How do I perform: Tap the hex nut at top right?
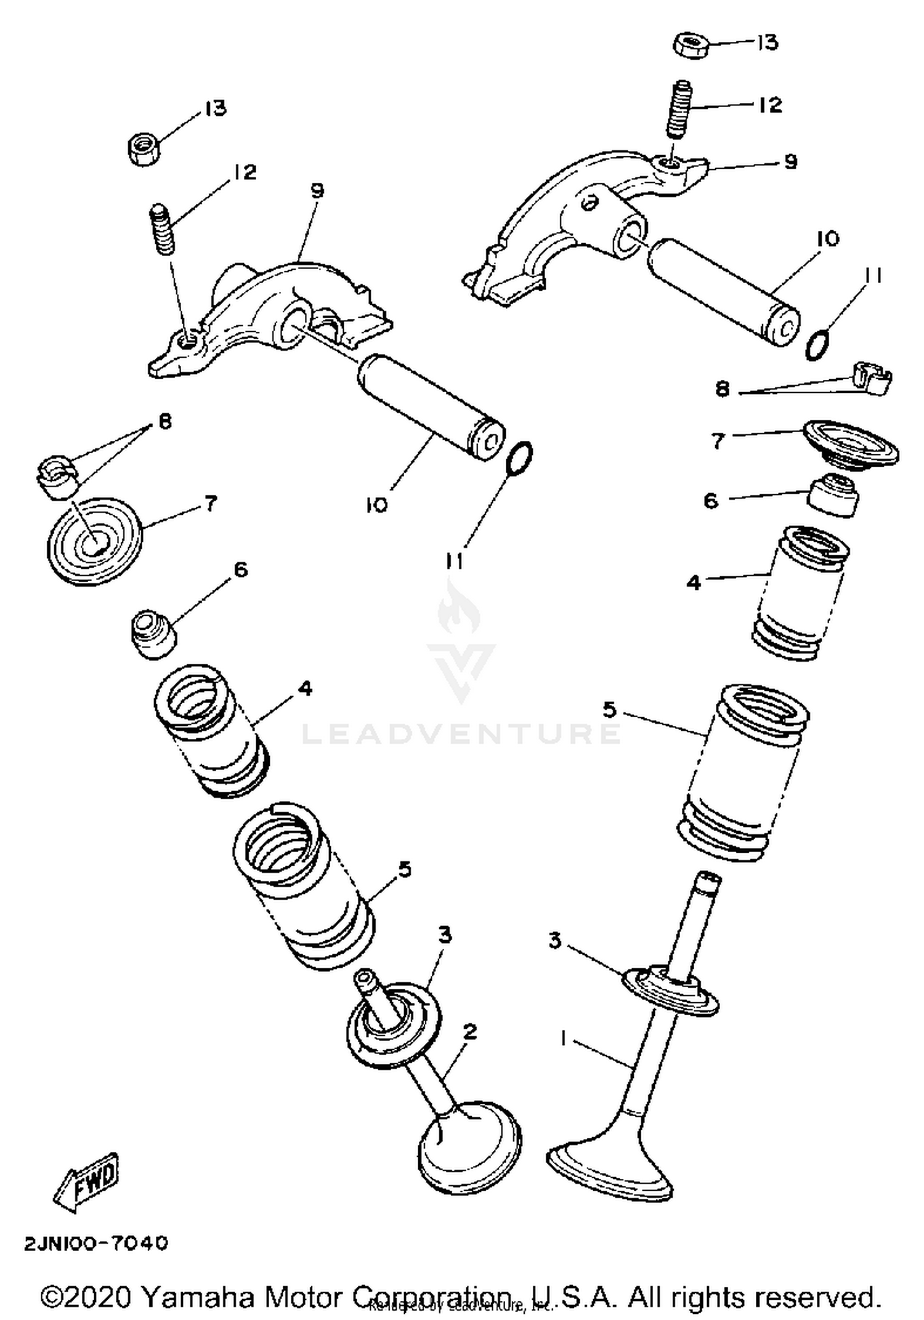point(692,46)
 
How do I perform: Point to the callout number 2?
point(469,1031)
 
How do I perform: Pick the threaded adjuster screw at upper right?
point(680,110)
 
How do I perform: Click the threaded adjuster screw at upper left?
point(161,230)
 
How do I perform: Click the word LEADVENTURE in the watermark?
point(461,733)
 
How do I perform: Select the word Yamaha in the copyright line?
point(198,1297)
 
